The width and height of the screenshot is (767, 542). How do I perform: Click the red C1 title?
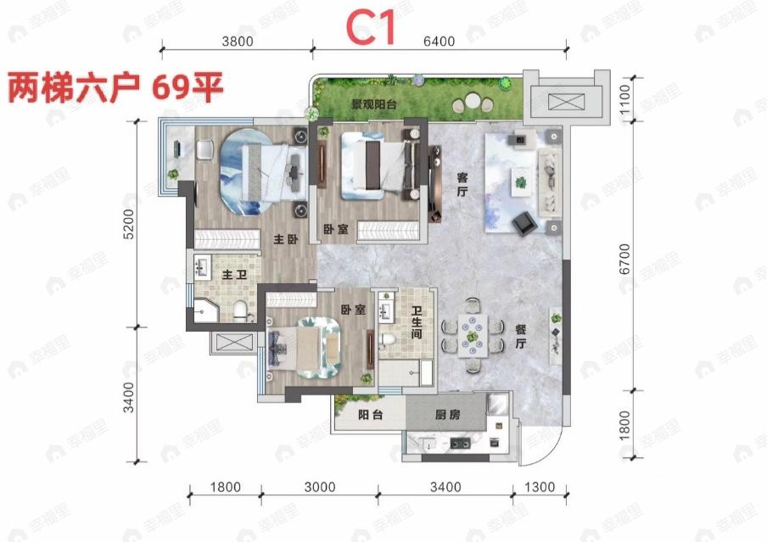[371, 29]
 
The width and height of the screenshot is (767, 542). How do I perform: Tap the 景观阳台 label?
[376, 105]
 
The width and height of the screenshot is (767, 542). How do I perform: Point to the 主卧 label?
[285, 240]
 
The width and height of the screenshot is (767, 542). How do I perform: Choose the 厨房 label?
[447, 416]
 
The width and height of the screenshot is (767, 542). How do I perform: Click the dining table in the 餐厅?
[470, 335]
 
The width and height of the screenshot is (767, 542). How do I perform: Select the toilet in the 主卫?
[240, 310]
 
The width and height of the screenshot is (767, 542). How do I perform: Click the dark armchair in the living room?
[523, 221]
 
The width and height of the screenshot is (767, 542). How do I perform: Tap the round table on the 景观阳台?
[470, 103]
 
